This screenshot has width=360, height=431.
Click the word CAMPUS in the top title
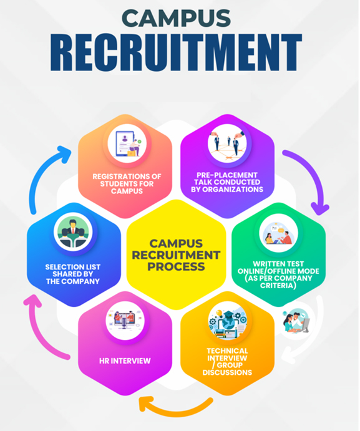(176, 18)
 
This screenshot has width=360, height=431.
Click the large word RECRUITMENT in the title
(176, 52)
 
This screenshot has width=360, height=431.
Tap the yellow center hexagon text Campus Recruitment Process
(176, 255)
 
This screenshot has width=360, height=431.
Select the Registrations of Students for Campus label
(127, 183)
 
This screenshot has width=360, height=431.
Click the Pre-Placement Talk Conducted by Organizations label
(227, 182)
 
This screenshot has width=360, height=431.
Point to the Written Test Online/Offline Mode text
(278, 274)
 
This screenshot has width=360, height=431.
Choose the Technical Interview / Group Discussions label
(227, 362)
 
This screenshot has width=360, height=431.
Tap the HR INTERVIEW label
(125, 361)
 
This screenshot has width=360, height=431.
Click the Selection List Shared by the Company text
(73, 274)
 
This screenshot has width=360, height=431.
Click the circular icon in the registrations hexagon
(127, 143)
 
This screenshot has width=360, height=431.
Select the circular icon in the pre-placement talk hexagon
(227, 143)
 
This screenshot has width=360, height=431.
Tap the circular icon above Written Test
(278, 233)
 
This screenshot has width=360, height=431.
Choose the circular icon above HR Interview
(125, 321)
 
